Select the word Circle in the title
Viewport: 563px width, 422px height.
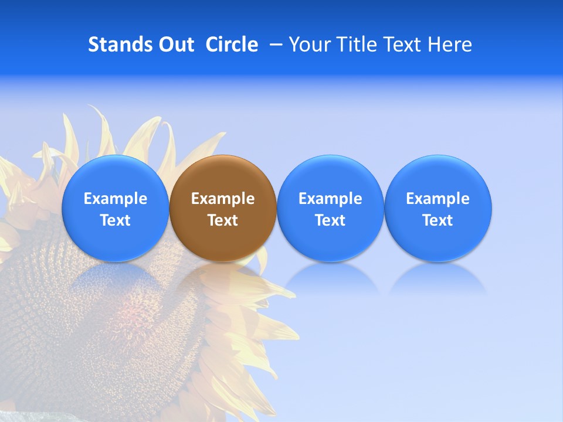(232, 45)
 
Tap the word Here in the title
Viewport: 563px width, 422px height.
(450, 45)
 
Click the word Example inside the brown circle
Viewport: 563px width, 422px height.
(223, 199)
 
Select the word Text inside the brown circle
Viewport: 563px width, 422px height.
(223, 220)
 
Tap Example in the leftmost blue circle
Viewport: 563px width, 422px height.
(116, 199)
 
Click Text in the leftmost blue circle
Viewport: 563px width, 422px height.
(116, 220)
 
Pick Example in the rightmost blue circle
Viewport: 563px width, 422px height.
(437, 199)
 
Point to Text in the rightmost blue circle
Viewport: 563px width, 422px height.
(437, 220)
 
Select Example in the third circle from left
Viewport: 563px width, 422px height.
(330, 199)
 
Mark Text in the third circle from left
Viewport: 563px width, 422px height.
(330, 220)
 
